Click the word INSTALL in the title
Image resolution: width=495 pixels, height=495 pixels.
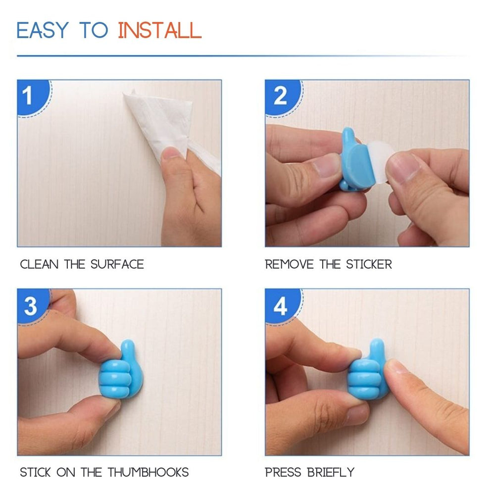(159, 31)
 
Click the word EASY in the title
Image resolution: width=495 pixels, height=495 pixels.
(42, 31)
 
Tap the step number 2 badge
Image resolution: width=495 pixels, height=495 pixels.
(280, 96)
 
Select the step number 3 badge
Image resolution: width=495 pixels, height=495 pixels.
(30, 306)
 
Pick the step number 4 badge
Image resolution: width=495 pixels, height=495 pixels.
(280, 306)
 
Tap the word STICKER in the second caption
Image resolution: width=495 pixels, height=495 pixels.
(369, 264)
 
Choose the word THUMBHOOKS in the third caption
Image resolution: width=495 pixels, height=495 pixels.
(148, 472)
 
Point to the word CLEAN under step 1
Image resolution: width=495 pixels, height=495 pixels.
(39, 264)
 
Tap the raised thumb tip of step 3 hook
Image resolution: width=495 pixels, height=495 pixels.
(128, 346)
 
